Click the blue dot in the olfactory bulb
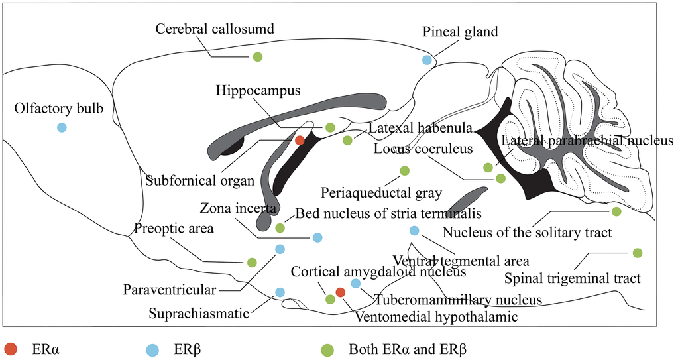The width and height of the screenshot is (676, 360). (62, 127)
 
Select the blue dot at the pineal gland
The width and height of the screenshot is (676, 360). (427, 60)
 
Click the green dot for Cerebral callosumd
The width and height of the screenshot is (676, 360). (258, 57)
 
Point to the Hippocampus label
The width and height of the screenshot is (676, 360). (258, 90)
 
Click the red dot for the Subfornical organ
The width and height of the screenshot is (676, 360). (300, 140)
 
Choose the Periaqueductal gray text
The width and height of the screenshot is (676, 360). (381, 194)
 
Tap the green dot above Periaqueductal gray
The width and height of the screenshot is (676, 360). (405, 171)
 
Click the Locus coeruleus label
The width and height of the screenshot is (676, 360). (423, 149)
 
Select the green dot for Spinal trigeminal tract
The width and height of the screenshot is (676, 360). (637, 253)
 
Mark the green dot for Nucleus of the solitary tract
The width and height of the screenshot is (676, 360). (616, 211)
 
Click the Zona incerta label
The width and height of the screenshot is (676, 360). (238, 208)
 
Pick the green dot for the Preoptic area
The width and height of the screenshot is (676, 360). (252, 263)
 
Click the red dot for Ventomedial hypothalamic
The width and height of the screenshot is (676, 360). (341, 292)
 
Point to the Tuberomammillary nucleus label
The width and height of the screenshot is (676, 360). (458, 299)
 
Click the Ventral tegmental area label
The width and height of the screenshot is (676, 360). (460, 259)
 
